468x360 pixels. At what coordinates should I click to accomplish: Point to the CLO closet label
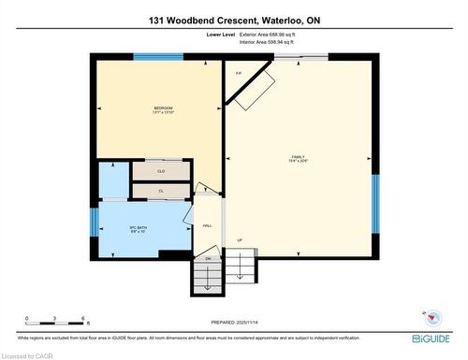click(161, 171)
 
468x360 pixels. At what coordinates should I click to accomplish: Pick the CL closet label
click(161, 191)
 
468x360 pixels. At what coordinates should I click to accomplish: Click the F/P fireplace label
click(240, 73)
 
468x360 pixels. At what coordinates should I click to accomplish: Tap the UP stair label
click(240, 240)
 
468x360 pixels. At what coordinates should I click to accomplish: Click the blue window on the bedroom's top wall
click(157, 57)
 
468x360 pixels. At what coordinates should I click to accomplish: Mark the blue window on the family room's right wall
click(374, 201)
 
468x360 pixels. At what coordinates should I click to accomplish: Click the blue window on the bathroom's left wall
click(94, 222)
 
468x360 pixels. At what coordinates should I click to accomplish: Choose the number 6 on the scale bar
click(83, 320)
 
